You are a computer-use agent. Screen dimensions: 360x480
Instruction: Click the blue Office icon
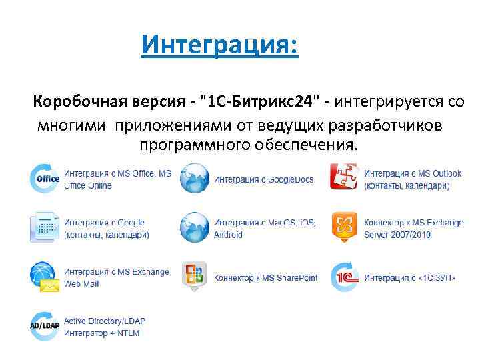pos(45,179)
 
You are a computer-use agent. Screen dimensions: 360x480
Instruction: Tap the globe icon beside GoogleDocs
pos(195,179)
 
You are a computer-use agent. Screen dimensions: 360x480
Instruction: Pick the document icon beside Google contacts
pos(45,227)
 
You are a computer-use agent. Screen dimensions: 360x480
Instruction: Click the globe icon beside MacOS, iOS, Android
pos(195,227)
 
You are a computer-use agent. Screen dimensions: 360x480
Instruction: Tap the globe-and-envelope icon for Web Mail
pos(45,277)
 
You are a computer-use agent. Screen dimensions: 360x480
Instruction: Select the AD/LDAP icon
pos(45,326)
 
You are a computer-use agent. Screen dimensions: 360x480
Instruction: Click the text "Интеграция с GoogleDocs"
pos(263,179)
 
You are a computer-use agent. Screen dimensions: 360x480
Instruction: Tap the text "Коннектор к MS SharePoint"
pos(265,277)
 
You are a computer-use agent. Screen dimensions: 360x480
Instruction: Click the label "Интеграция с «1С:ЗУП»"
pos(409,277)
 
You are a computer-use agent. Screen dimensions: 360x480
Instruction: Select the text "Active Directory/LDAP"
pos(104,321)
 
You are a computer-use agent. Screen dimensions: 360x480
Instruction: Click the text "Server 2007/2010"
pos(397,234)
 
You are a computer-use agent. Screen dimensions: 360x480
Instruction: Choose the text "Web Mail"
pos(81,283)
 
